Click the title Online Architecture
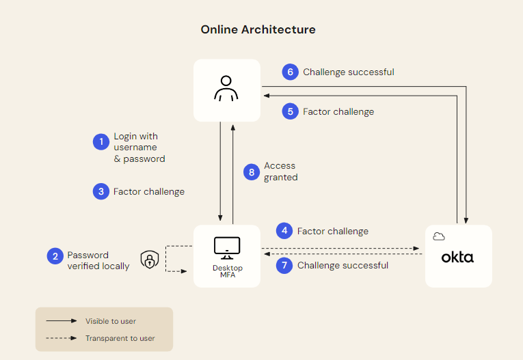[x=258, y=29]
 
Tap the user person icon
[x=226, y=89]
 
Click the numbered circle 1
[x=101, y=142]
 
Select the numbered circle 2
[x=55, y=256]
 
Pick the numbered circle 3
[x=101, y=192]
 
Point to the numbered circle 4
[x=284, y=231]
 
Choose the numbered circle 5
[x=291, y=111]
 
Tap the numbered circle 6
[x=291, y=72]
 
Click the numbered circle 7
[x=284, y=265]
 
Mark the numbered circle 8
[x=252, y=171]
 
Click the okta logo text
[x=457, y=258]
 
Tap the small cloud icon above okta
[x=439, y=236]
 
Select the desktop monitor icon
[x=226, y=247]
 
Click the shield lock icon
[x=149, y=260]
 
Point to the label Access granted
[x=281, y=171]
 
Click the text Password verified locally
[x=98, y=260]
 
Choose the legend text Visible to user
[x=111, y=321]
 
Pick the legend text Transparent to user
[x=120, y=338]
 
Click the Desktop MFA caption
[x=227, y=271]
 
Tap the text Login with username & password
[x=139, y=148]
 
